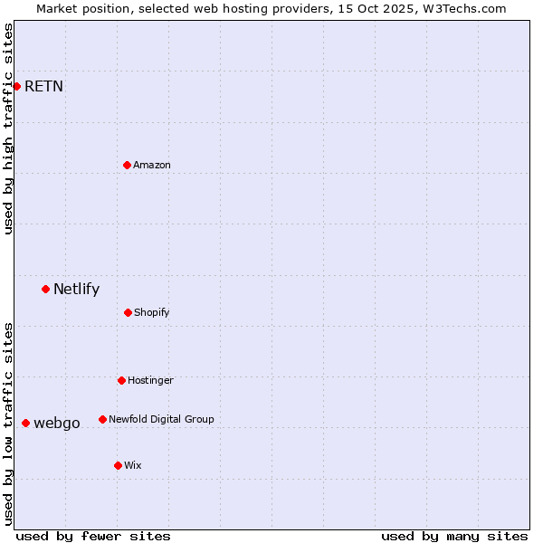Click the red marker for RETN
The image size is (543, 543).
point(16,86)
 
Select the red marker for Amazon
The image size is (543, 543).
point(127,165)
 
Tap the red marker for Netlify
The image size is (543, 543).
point(45,289)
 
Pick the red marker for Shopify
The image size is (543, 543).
point(128,312)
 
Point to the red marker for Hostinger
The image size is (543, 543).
point(121,380)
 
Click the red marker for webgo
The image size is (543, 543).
point(25,423)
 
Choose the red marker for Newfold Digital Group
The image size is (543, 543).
point(102,419)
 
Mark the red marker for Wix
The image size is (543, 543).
point(118,465)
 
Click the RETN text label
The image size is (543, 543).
point(43,87)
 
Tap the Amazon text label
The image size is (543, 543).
point(152,165)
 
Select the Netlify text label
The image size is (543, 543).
point(76,290)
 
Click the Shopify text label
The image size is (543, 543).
point(152,312)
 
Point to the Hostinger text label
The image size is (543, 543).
point(150,380)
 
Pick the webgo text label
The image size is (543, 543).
point(57,424)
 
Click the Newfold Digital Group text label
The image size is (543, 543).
point(162,419)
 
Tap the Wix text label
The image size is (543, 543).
point(133,465)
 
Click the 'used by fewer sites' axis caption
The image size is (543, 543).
point(93,536)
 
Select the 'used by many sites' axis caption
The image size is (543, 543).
point(454,536)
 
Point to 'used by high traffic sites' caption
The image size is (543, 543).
point(8,129)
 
